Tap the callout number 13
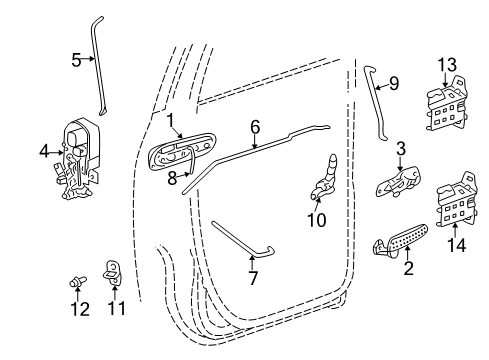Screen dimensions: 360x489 pos(445,65)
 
